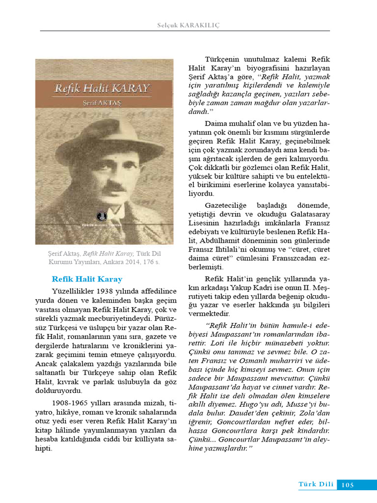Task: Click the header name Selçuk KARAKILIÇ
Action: (x=188, y=25)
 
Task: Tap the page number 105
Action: (x=347, y=485)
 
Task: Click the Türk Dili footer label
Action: (x=316, y=485)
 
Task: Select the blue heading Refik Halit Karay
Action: (x=87, y=279)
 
